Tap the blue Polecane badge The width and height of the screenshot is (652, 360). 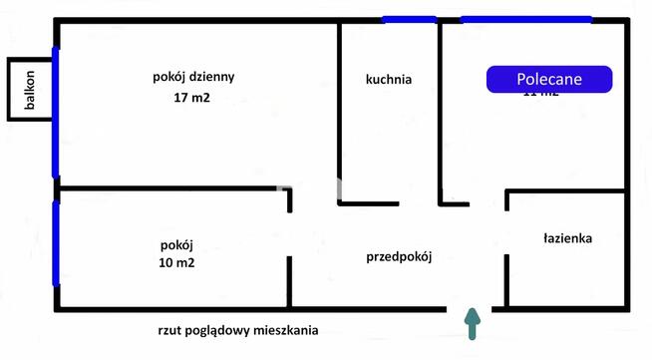coord(548,79)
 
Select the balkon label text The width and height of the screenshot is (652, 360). coord(31,91)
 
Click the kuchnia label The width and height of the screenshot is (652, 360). coord(389,79)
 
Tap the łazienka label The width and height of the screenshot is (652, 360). coord(568,238)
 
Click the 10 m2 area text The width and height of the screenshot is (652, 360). coord(176,263)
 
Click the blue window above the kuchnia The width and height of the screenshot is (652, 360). coord(409,19)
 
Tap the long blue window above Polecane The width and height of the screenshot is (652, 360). coord(525,19)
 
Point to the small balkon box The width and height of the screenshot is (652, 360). coord(30,90)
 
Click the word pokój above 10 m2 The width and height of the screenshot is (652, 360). coord(176,244)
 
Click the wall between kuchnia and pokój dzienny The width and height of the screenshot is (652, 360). coord(339,110)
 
